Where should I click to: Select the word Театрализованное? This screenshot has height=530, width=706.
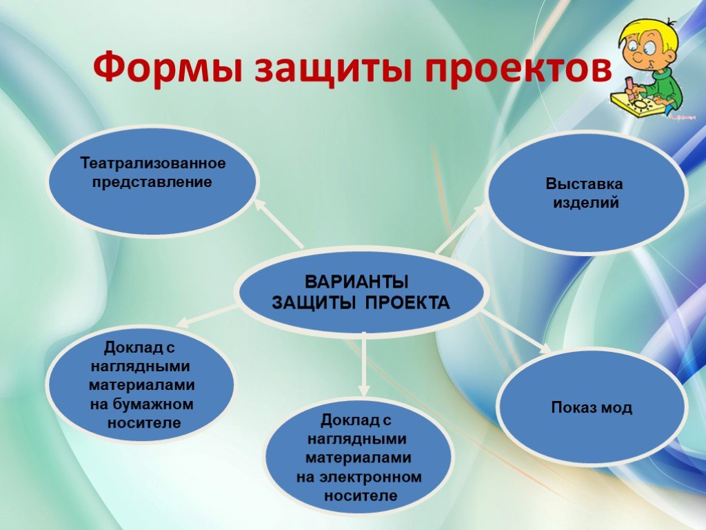(x=152, y=163)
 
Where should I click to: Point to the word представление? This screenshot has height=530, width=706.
(x=152, y=182)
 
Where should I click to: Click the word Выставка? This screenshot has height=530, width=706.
(x=584, y=184)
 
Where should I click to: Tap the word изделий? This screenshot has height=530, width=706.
(x=586, y=203)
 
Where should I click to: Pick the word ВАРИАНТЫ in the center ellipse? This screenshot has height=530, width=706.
(x=356, y=282)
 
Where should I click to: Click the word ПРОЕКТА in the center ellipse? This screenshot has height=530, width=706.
(x=407, y=302)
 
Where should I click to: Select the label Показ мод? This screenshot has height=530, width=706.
(x=592, y=407)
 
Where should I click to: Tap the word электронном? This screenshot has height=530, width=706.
(x=370, y=477)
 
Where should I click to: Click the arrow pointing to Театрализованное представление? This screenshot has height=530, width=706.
(x=279, y=224)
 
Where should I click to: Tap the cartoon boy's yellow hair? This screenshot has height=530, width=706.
(x=647, y=32)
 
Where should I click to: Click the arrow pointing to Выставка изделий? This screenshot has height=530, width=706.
(x=461, y=228)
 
